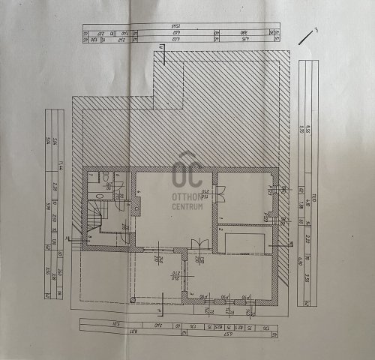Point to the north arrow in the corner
click(x=307, y=34)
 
